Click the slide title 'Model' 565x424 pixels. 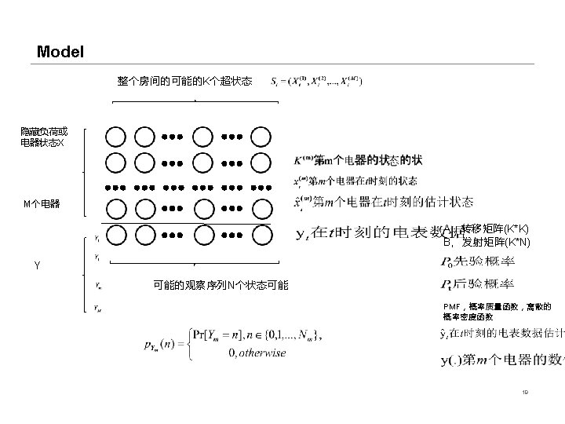pyautogui.click(x=60, y=53)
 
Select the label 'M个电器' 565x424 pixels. pyautogui.click(x=41, y=204)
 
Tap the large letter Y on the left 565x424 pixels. pyautogui.click(x=37, y=265)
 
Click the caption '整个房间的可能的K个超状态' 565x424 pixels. pyautogui.click(x=184, y=81)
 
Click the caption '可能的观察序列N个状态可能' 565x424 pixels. pyautogui.click(x=221, y=284)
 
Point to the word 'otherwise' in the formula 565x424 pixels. pyautogui.click(x=257, y=353)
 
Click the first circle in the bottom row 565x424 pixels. pyautogui.click(x=115, y=233)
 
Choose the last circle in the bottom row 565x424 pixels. pyautogui.click(x=261, y=233)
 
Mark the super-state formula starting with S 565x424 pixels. pyautogui.click(x=315, y=81)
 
